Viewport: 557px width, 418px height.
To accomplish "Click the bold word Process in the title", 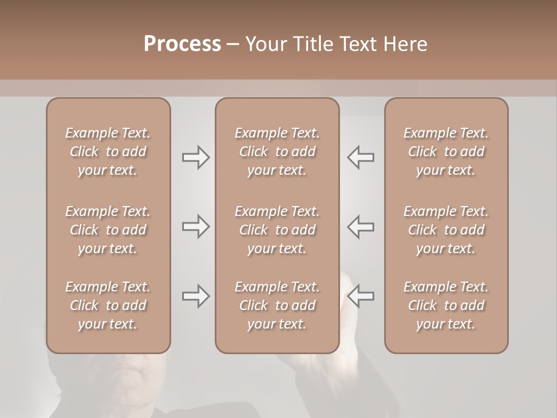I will coord(182,44).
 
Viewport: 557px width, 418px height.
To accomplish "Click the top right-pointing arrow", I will coord(196,157).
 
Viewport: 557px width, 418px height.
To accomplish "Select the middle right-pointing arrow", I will coord(196,226).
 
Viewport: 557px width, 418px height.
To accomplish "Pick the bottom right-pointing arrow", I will coord(196,296).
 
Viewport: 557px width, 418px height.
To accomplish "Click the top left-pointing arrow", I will coord(360,157).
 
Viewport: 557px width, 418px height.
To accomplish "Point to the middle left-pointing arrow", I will coord(360,226).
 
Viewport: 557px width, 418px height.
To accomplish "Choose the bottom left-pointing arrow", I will coord(360,296).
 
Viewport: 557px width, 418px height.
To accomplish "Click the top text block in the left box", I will coord(108,152).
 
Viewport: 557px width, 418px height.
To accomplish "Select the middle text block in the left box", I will coord(108,230).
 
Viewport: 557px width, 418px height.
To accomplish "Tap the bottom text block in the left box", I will coord(108,305).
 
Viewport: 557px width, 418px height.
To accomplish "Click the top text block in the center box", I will coord(277,152).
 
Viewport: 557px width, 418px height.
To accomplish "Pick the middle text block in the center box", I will coord(277,230).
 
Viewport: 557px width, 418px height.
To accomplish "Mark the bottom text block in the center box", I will coord(277,305).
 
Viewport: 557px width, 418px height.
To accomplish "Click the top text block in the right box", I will coord(446,152).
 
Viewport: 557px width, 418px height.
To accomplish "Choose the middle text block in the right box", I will coord(446,230).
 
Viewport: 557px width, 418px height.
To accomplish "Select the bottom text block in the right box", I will coord(446,305).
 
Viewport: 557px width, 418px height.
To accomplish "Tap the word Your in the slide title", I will coord(265,44).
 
